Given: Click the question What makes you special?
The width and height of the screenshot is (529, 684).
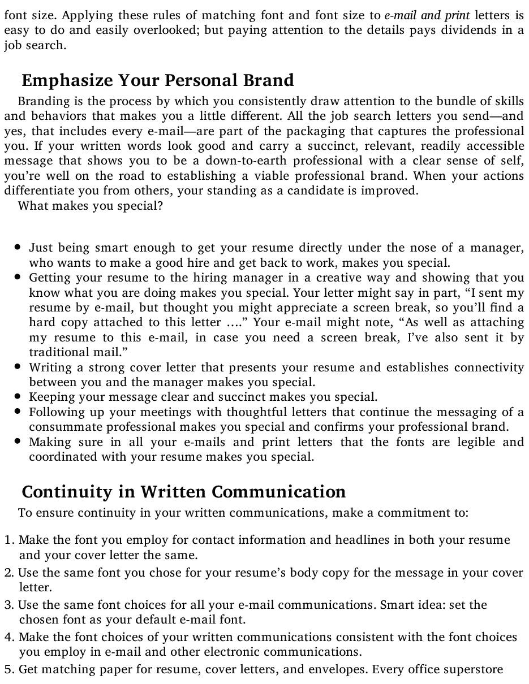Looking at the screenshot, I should [x=91, y=206].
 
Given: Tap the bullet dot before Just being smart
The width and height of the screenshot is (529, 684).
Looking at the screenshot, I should [x=19, y=248].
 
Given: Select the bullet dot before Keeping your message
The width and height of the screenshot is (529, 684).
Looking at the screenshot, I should [x=19, y=397].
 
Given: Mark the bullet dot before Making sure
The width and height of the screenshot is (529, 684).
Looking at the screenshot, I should [x=19, y=441].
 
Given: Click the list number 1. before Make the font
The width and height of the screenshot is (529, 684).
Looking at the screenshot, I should [x=10, y=540].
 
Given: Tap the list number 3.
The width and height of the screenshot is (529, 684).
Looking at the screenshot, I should [x=10, y=605].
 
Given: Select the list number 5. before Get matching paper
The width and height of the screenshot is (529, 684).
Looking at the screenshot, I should [x=10, y=670].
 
